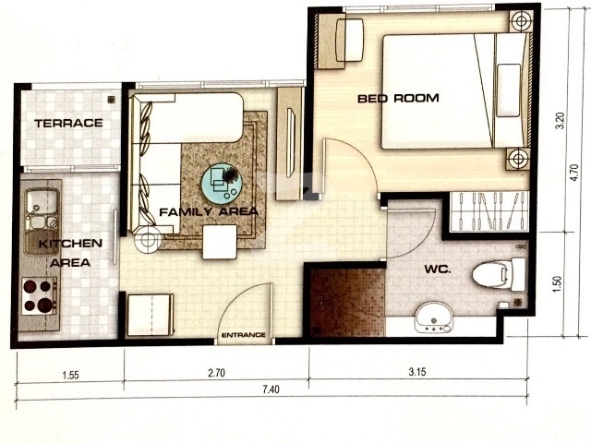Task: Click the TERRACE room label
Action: (68, 123)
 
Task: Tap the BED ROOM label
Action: (398, 99)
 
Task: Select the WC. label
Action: (438, 269)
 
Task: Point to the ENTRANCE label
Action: (244, 335)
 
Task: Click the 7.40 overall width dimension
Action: (271, 389)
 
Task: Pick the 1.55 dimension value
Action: (70, 376)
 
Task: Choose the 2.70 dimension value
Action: (216, 373)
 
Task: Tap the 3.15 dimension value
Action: (417, 372)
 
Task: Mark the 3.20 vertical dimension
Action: (561, 121)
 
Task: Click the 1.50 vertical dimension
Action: (559, 283)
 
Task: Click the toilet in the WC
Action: (499, 274)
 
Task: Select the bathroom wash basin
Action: (434, 317)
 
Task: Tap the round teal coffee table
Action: (221, 184)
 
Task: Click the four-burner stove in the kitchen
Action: (39, 296)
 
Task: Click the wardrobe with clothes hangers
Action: (489, 211)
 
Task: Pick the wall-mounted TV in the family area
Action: (291, 143)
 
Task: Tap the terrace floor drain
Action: (111, 100)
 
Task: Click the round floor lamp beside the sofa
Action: (148, 239)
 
